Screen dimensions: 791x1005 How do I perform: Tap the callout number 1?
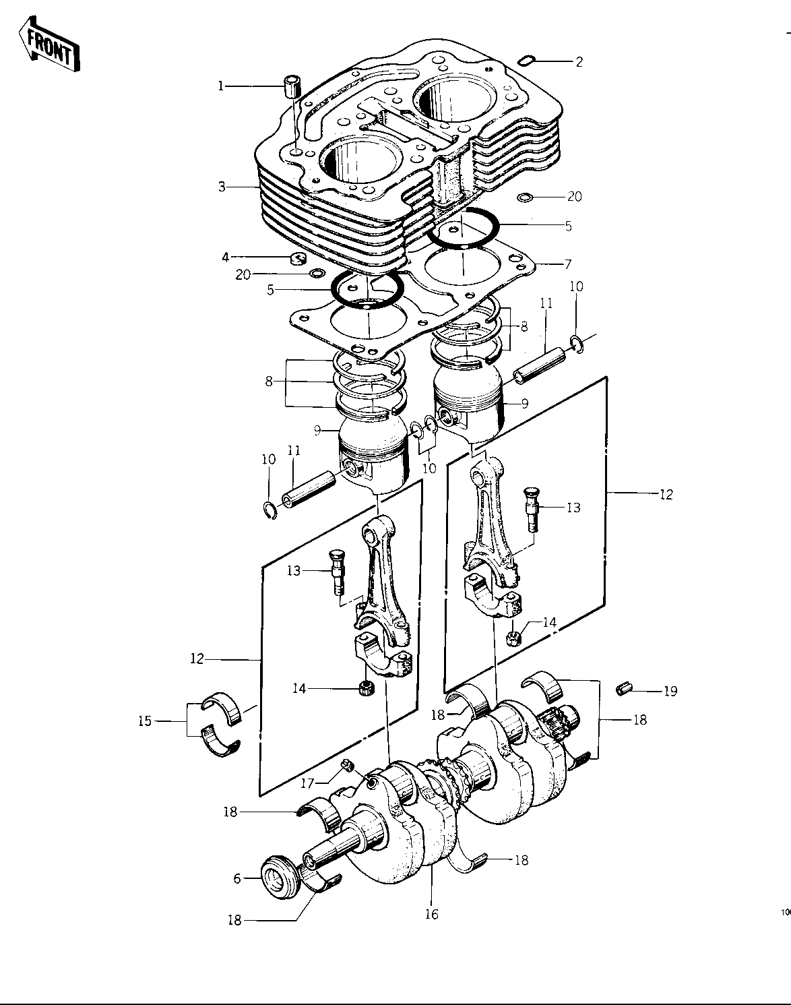point(221,86)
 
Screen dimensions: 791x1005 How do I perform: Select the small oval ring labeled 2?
point(526,60)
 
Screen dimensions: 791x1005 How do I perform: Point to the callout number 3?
point(222,187)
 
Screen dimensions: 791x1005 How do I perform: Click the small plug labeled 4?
point(297,257)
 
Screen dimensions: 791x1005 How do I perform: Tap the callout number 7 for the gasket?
point(568,264)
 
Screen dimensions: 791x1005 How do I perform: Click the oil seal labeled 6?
point(278,878)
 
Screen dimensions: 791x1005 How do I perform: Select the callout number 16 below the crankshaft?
point(431,914)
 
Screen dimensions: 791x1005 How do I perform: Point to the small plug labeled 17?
point(347,765)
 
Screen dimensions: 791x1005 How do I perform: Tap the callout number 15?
point(145,721)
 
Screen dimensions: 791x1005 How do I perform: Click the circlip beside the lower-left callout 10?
point(270,510)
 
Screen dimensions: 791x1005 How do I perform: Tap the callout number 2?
point(579,61)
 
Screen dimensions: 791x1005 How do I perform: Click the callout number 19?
point(670,691)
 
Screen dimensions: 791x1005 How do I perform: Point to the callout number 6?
point(237,878)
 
